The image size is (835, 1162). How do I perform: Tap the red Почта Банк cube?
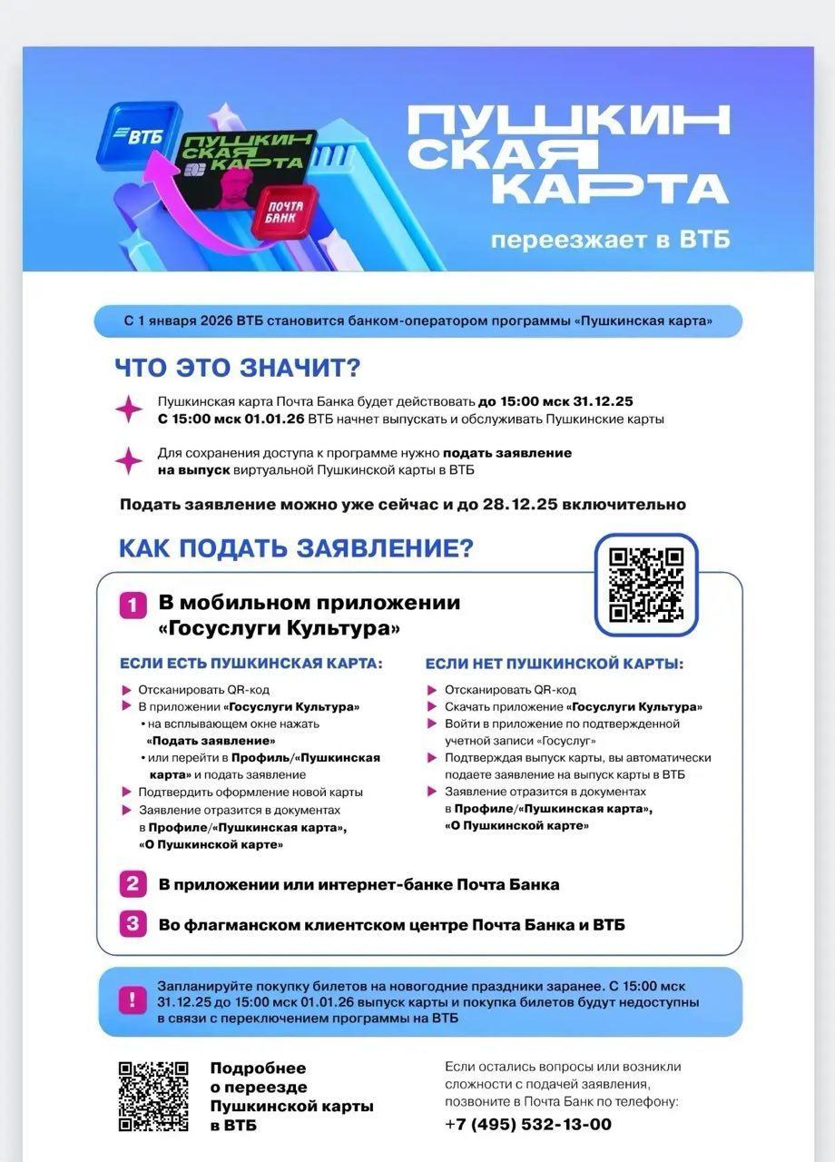(287, 212)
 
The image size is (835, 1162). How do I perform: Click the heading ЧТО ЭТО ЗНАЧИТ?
(238, 368)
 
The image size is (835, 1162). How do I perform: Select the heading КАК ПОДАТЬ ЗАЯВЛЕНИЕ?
(296, 548)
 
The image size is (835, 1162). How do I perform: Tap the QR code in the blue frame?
(645, 585)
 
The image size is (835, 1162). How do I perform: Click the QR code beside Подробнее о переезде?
(153, 1096)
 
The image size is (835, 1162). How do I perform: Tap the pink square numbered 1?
(133, 605)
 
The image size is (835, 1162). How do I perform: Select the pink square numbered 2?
(133, 883)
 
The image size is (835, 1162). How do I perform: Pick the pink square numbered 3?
(133, 924)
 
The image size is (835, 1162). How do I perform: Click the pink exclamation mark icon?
(133, 1000)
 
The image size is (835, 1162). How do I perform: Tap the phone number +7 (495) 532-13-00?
(528, 1124)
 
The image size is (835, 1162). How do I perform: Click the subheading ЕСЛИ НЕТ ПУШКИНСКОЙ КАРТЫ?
(555, 664)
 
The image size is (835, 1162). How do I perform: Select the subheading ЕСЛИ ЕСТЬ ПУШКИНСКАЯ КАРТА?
(251, 664)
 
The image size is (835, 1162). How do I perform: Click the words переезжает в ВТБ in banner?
(610, 241)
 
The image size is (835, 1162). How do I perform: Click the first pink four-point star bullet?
(129, 409)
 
